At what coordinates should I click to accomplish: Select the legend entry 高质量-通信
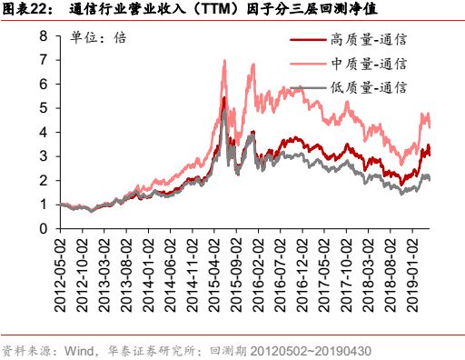(371, 40)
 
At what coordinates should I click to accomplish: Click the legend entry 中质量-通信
(371, 65)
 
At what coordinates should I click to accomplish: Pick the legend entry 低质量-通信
(371, 88)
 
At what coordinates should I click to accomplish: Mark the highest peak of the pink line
(224, 61)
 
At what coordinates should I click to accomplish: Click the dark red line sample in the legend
(307, 40)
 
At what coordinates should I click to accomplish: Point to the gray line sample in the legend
(307, 88)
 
